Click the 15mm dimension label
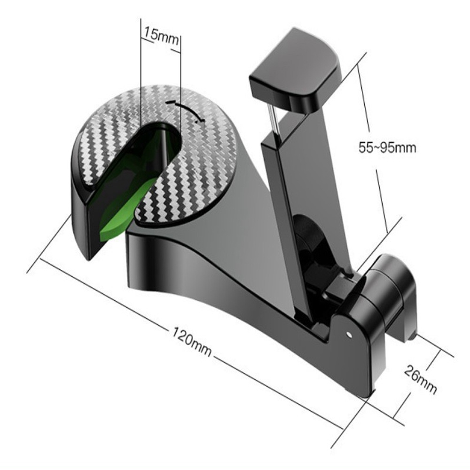point(161,35)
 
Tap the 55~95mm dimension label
point(387,148)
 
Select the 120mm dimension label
point(192,341)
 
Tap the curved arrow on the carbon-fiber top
point(185,110)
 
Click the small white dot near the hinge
point(348,333)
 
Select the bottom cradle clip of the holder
point(390,297)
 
